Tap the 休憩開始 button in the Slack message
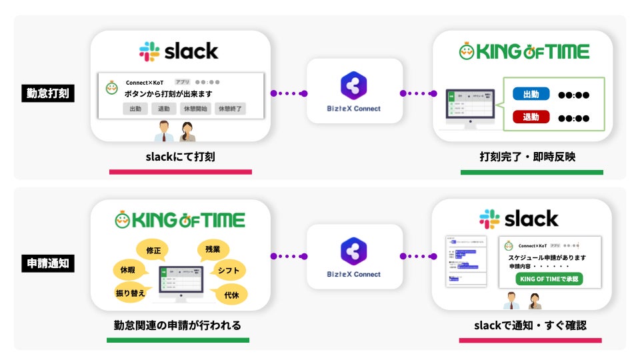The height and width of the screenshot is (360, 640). pyautogui.click(x=195, y=109)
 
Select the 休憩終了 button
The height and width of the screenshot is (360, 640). pyautogui.click(x=229, y=109)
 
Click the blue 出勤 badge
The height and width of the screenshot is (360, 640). pyautogui.click(x=531, y=95)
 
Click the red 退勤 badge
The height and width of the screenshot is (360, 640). pyautogui.click(x=531, y=117)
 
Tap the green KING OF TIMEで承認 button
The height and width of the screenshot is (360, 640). pyautogui.click(x=549, y=279)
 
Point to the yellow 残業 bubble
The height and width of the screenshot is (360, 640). pyautogui.click(x=213, y=249)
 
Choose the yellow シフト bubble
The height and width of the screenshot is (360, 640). pyautogui.click(x=228, y=270)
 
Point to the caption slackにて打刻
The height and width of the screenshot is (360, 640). pyautogui.click(x=180, y=158)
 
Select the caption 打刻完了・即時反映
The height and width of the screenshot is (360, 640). pyautogui.click(x=532, y=158)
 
